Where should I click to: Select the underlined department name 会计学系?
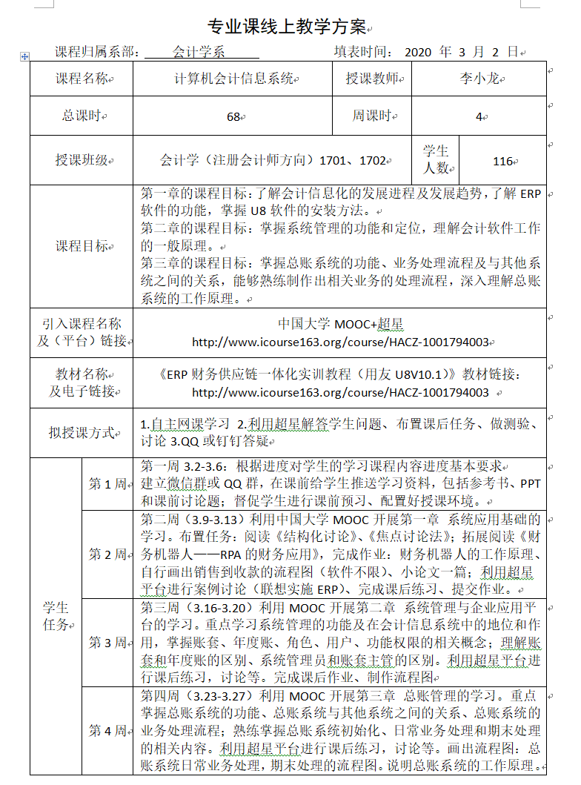pyautogui.click(x=199, y=53)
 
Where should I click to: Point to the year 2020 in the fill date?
pyautogui.click(x=420, y=53)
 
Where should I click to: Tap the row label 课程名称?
pyautogui.click(x=81, y=79)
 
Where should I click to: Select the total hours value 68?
pyautogui.click(x=233, y=116)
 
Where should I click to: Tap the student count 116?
pyautogui.click(x=502, y=161)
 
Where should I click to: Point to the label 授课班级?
pyautogui.click(x=81, y=160)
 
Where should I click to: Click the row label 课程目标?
pyautogui.click(x=81, y=246)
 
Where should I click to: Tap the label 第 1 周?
pyautogui.click(x=107, y=484)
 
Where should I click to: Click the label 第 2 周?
pyautogui.click(x=107, y=554)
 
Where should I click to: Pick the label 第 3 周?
pyautogui.click(x=107, y=643)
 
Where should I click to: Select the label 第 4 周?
pyautogui.click(x=107, y=731)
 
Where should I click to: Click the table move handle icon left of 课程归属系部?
pyautogui.click(x=24, y=56)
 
